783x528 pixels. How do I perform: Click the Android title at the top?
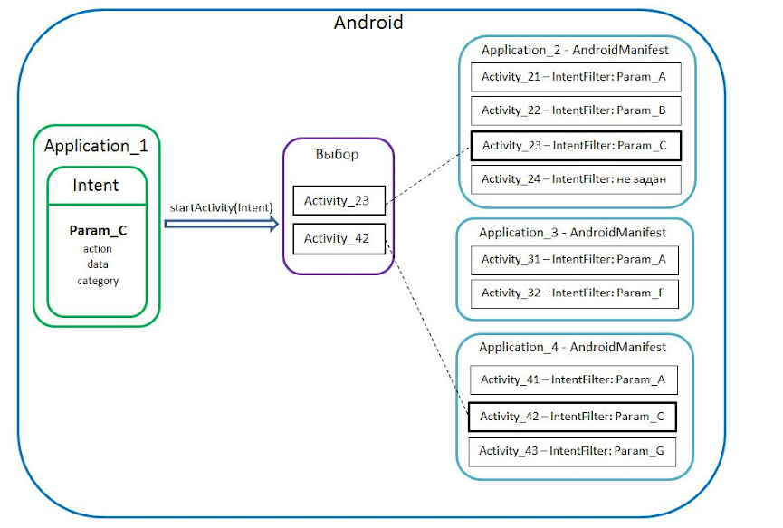click(x=368, y=22)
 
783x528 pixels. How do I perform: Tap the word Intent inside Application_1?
click(x=96, y=185)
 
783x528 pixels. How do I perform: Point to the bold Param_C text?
click(x=98, y=231)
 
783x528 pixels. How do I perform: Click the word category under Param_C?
click(x=98, y=281)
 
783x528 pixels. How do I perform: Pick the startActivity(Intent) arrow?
click(x=222, y=225)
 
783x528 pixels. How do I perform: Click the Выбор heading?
click(x=337, y=154)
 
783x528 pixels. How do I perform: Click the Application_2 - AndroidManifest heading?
click(x=575, y=50)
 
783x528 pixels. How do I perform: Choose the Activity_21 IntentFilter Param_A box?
click(x=575, y=77)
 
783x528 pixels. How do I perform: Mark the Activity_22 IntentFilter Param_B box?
click(x=575, y=110)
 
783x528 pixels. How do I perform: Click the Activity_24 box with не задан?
click(x=575, y=178)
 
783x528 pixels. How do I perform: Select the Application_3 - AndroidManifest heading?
click(x=573, y=233)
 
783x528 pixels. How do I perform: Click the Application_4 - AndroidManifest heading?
click(x=573, y=348)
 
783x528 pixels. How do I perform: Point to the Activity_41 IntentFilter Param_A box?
click(x=573, y=380)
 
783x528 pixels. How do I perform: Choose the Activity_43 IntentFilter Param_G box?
click(x=573, y=451)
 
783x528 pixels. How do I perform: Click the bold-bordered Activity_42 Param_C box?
click(x=573, y=417)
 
